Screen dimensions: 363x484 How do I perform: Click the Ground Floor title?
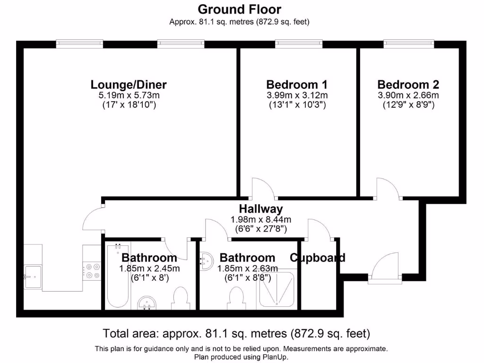[x=239, y=9]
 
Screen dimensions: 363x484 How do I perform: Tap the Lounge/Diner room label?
[x=129, y=85]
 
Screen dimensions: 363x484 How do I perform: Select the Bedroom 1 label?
[x=296, y=85]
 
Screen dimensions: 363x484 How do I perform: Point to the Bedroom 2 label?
[x=408, y=85]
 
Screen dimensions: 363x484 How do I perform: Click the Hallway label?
[x=260, y=208]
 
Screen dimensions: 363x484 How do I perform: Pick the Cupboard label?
[x=317, y=258]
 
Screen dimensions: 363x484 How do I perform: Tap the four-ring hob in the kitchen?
[x=92, y=271]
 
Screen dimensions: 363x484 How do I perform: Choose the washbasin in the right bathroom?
[x=206, y=260]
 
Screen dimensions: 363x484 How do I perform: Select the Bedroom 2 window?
[x=409, y=44]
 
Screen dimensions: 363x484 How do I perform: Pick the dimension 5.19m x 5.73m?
[x=129, y=95]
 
